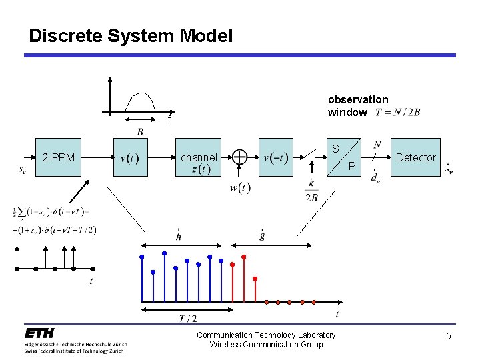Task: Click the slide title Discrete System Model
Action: (131, 35)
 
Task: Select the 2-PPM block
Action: (59, 158)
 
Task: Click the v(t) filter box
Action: (131, 158)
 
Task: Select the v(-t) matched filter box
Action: (275, 158)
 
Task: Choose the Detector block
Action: (415, 157)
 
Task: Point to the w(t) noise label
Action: (240, 189)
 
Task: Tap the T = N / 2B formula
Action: (398, 112)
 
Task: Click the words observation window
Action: (357, 105)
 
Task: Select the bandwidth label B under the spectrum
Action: (140, 132)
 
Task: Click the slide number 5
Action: (449, 337)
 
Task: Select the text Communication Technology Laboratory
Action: (266, 335)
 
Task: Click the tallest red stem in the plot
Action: (243, 279)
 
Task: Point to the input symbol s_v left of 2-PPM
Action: (23, 169)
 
